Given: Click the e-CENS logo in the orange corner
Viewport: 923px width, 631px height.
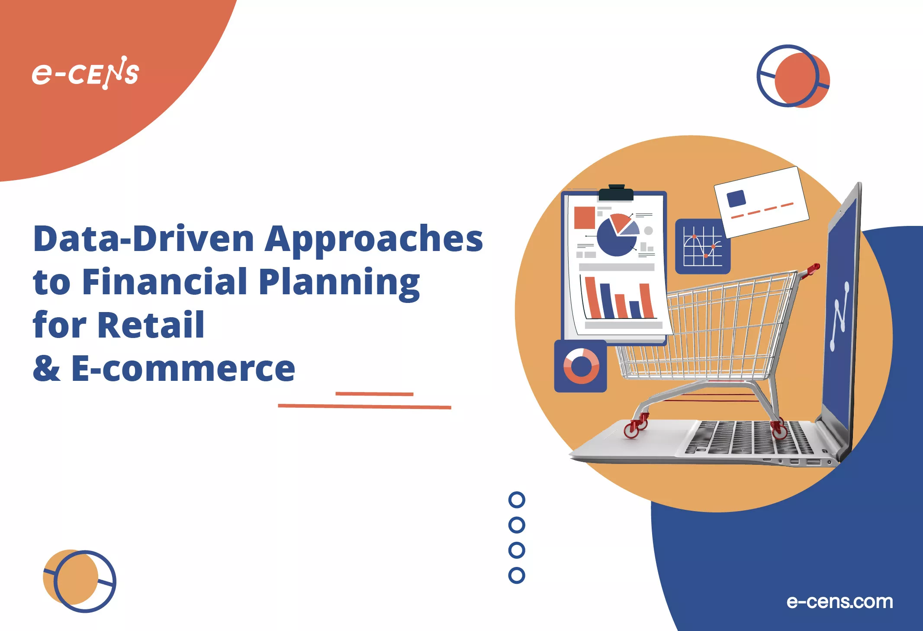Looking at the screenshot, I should point(85,73).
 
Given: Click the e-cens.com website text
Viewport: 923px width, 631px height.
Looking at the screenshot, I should point(839,602).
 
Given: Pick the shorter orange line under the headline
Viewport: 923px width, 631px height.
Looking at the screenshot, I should point(374,394).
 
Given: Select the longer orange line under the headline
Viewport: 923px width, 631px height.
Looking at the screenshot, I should point(364,406).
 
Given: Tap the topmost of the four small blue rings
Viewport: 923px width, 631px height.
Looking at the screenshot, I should point(517,500).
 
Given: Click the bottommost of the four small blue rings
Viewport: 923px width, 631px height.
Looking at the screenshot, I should point(517,575).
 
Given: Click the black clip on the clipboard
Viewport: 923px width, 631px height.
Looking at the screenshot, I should point(616,193).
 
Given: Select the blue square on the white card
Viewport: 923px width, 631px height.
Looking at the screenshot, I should point(736,199).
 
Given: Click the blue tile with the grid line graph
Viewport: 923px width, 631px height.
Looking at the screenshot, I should point(703,246).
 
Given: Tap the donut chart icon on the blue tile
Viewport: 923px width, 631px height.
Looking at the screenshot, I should point(581,366).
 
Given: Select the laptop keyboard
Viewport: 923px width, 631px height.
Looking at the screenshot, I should point(749,437).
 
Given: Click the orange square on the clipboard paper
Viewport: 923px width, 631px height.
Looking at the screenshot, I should point(584,217).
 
